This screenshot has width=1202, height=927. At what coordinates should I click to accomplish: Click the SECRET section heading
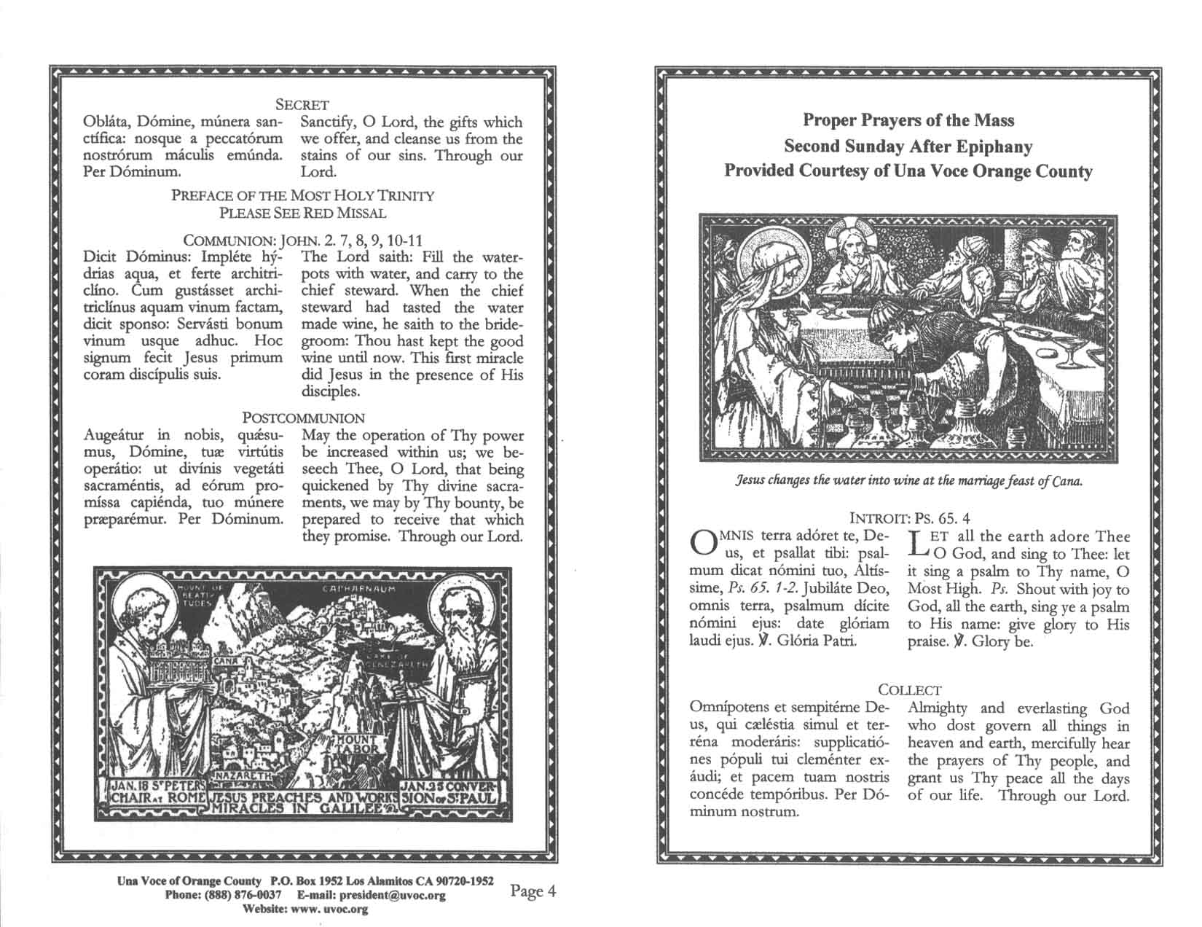pos(307,105)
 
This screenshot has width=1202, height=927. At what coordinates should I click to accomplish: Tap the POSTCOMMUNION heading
pos(303,418)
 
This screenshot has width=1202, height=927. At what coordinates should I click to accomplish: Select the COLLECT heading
pos(909,689)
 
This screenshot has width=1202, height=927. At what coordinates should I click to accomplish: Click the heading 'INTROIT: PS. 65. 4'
pos(910,519)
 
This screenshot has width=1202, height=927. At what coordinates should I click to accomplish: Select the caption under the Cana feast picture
pos(909,482)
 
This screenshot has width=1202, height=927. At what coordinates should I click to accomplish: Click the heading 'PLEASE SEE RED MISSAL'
pos(303,213)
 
